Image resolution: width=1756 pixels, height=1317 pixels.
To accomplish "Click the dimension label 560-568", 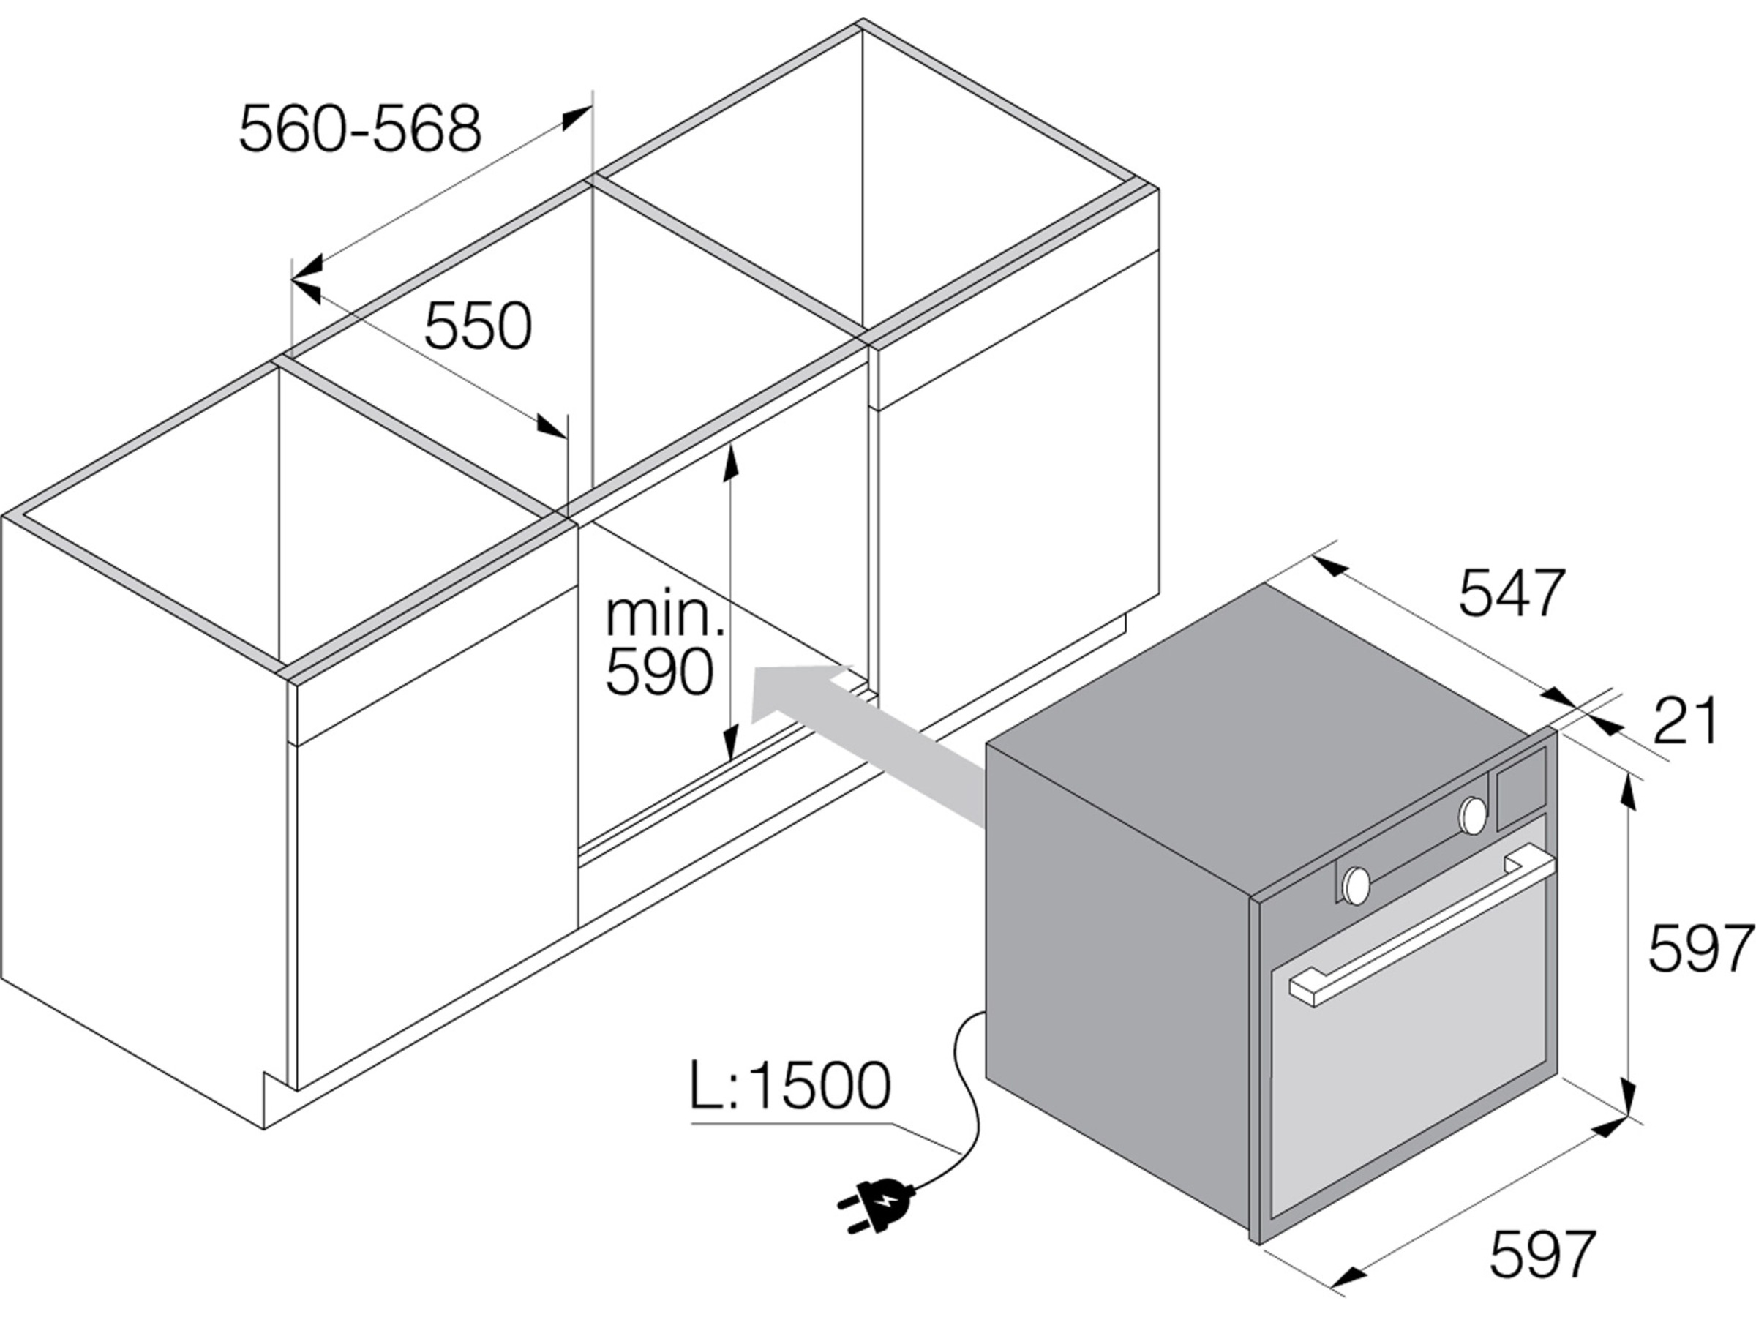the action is (x=361, y=129).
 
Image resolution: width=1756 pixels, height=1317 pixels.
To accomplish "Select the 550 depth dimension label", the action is (x=478, y=326).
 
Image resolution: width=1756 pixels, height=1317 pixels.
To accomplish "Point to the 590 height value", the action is (x=659, y=672).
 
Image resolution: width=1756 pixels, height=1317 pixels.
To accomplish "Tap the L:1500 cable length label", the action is (x=791, y=1086).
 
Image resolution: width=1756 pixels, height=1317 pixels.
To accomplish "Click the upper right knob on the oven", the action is (x=1474, y=815).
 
